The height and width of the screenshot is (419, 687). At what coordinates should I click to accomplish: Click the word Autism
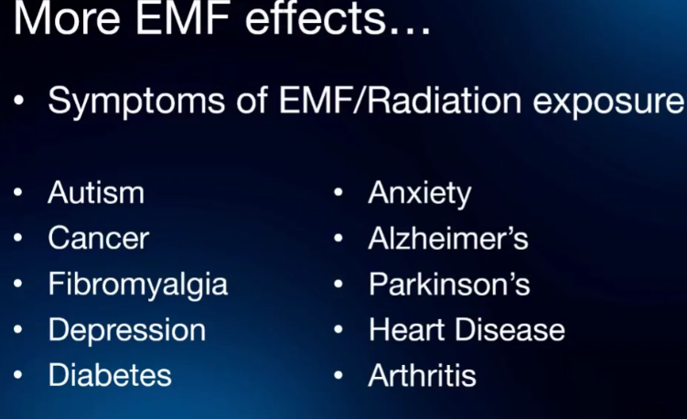pos(96,192)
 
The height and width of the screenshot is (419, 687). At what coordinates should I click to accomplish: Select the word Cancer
pos(99,239)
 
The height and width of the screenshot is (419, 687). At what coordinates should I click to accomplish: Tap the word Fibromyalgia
pos(138,285)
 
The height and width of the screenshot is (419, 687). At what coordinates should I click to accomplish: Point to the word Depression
pos(127,331)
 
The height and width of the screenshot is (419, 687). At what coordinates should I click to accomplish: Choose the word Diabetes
pos(110,375)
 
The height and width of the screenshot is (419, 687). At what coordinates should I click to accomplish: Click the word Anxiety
pos(420,194)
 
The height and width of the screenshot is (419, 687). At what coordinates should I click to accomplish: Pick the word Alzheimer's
pos(448,239)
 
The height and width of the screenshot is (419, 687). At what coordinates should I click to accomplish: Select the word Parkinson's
pos(449,284)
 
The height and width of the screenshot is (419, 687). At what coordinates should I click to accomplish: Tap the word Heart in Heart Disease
pos(407,329)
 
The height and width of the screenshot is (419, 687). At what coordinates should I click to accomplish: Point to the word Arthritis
pos(423,375)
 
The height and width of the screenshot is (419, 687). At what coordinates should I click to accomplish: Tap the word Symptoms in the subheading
pos(136,102)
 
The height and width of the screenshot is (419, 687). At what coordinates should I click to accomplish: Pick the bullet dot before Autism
pos(18,192)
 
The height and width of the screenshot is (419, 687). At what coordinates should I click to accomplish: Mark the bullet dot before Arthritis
pos(338,375)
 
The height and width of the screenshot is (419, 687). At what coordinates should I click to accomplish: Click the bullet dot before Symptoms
pos(19,101)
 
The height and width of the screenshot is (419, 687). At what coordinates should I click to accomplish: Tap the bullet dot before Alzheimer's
pos(338,238)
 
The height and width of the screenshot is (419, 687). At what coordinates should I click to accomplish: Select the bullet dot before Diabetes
pos(18,375)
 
